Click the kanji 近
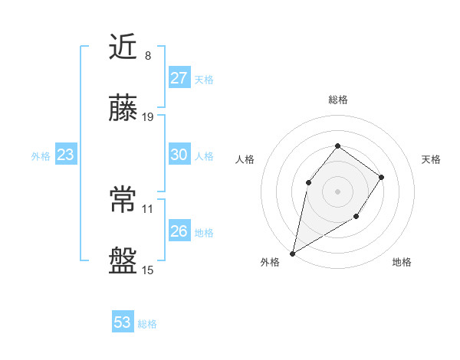click(x=124, y=47)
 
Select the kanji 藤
click(x=124, y=110)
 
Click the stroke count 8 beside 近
click(x=148, y=55)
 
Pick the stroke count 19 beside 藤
click(x=148, y=117)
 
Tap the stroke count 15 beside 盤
click(x=148, y=270)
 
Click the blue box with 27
click(x=179, y=78)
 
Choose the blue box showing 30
click(x=179, y=155)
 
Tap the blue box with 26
click(x=179, y=231)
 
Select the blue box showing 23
click(x=66, y=155)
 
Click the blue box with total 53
click(x=123, y=322)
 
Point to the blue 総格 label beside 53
click(x=147, y=324)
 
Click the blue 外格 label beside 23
click(x=41, y=156)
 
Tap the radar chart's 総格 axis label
click(x=337, y=100)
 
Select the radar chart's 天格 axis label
click(x=431, y=159)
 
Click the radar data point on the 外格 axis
click(x=292, y=253)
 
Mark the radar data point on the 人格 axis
click(x=308, y=182)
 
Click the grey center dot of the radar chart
click(x=337, y=191)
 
